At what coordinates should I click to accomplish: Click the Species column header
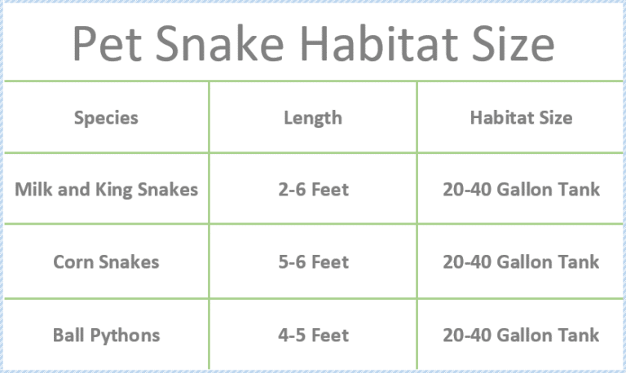[x=106, y=118]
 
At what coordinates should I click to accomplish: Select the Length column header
[x=313, y=118]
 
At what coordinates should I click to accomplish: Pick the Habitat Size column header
[x=521, y=118]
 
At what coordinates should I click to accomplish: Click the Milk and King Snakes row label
[x=106, y=190]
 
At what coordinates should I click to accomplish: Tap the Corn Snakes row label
[x=106, y=262]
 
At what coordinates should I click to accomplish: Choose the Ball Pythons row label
[x=106, y=335]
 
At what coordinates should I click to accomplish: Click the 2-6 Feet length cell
[x=313, y=190]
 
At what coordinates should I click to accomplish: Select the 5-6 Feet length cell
[x=313, y=262]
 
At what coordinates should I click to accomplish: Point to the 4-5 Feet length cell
[x=313, y=335]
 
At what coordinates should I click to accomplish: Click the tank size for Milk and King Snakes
[x=521, y=190]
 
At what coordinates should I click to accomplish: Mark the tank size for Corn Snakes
[x=521, y=262]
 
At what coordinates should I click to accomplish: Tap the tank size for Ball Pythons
[x=521, y=335]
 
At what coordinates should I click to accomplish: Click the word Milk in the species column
[x=31, y=190]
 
